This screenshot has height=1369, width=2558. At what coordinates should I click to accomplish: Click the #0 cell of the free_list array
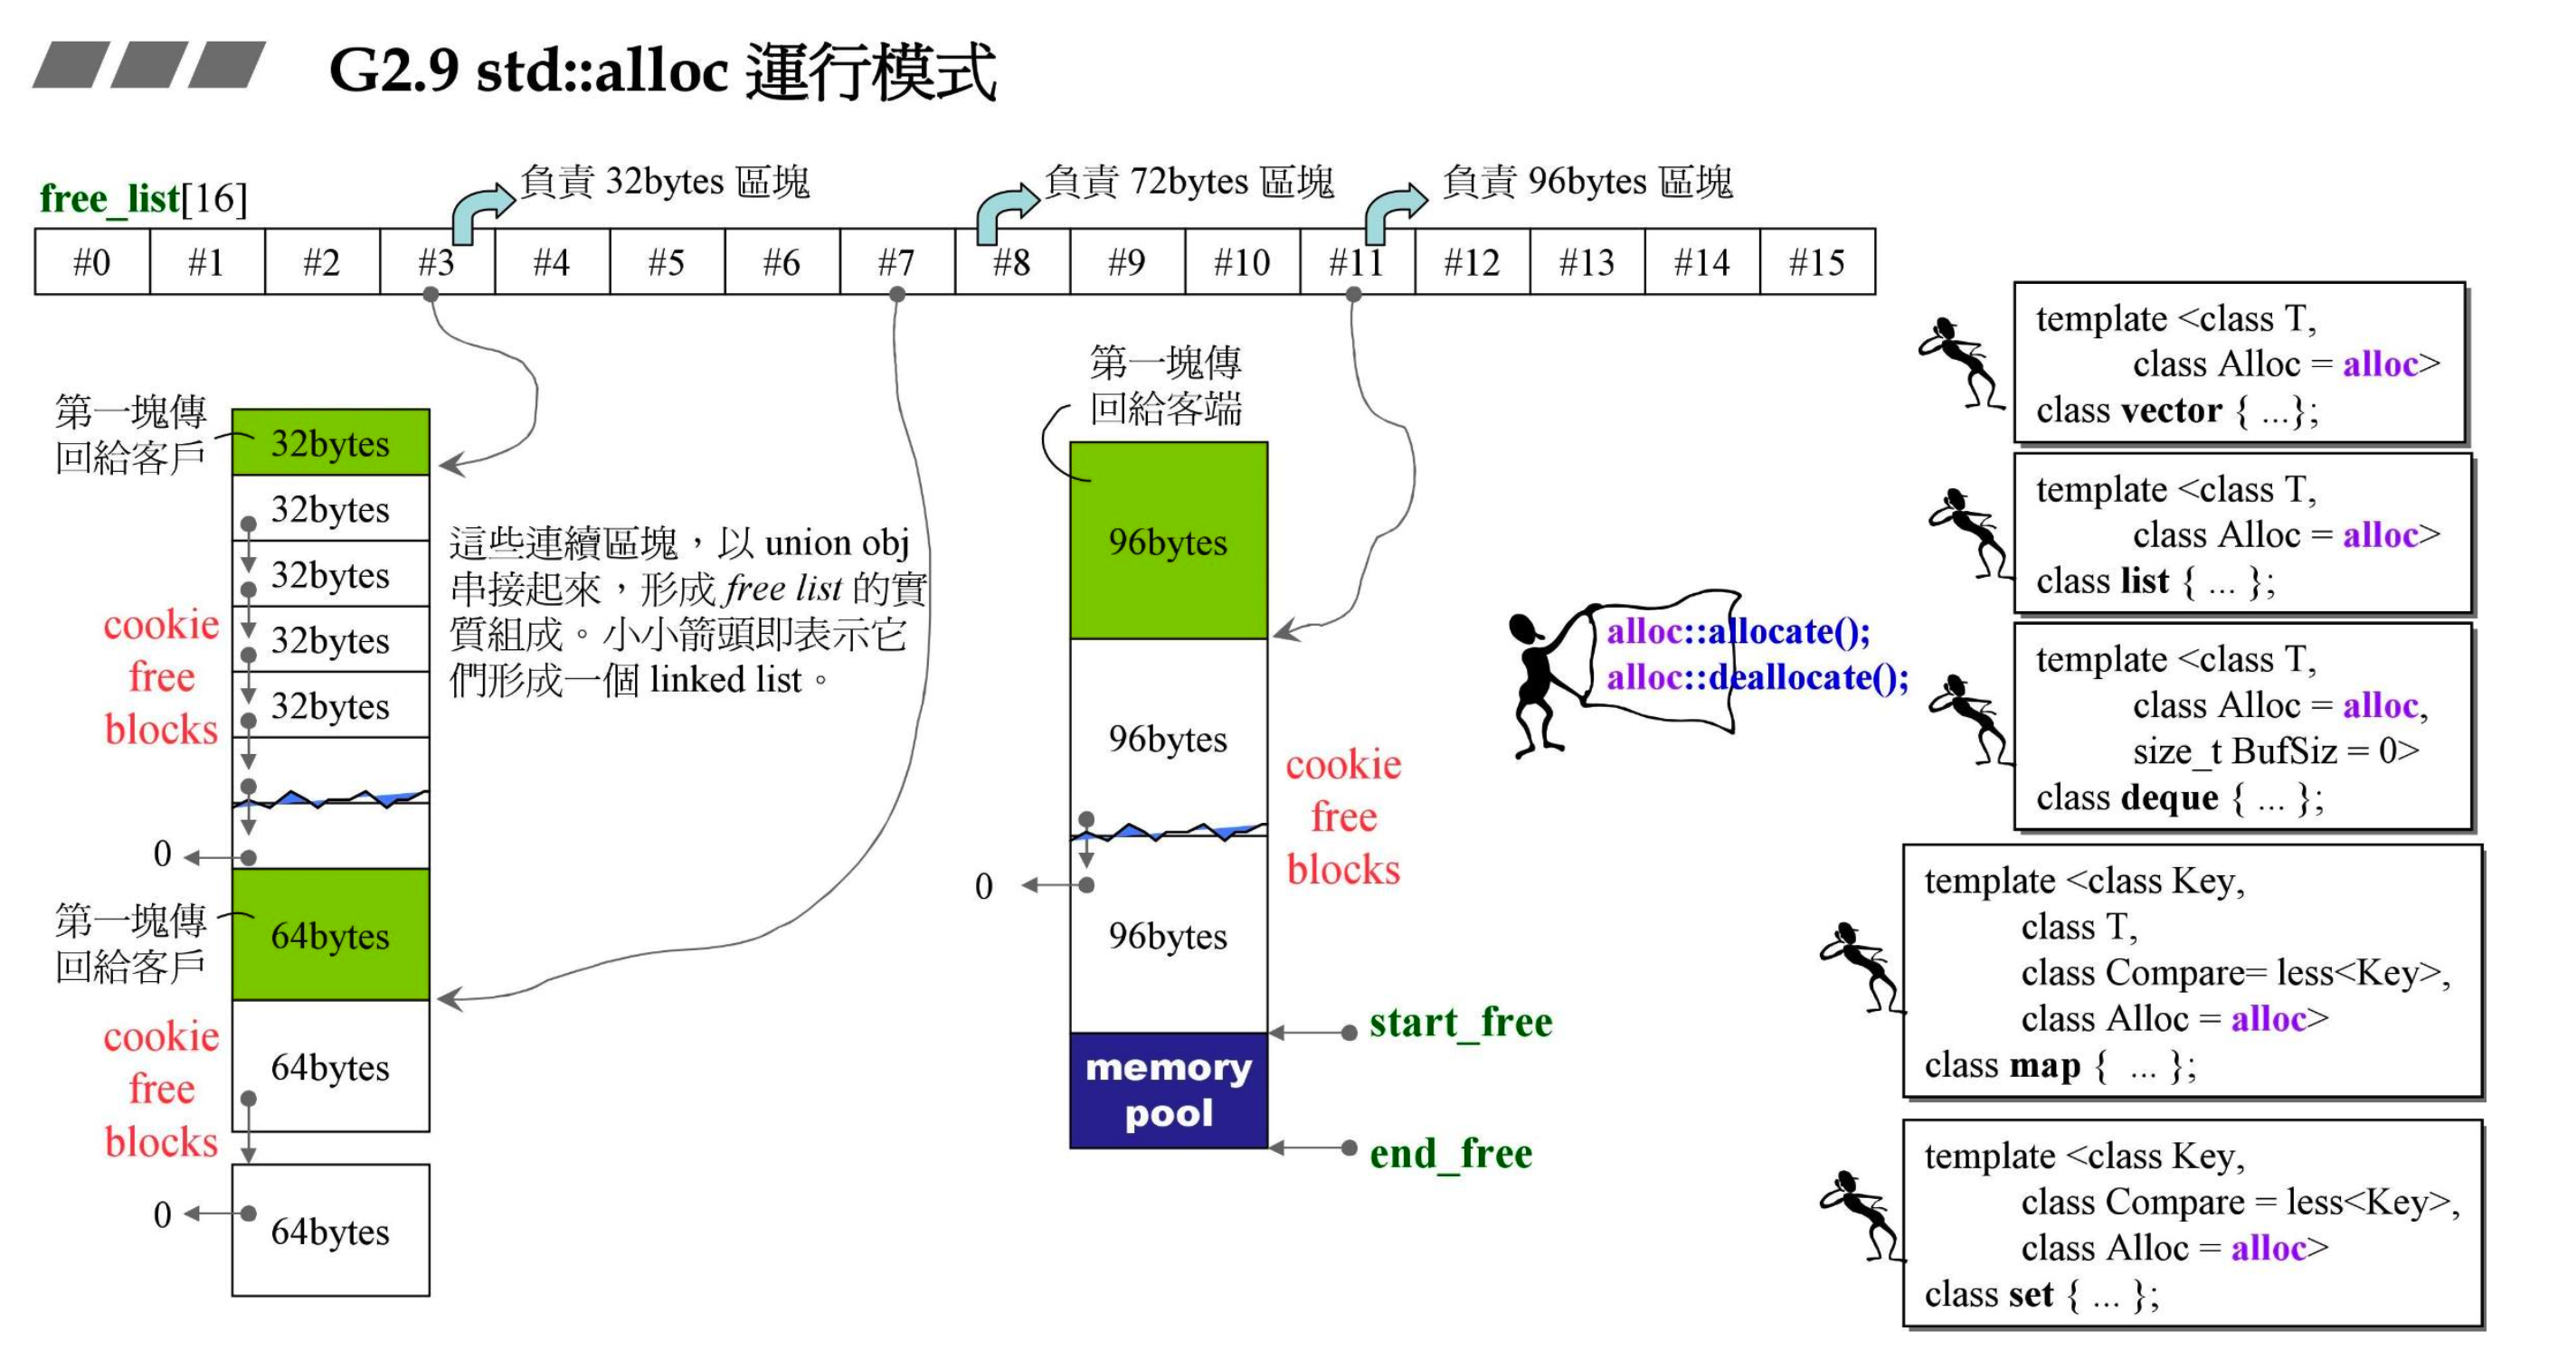tap(91, 262)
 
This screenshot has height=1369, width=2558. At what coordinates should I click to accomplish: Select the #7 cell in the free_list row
tap(896, 262)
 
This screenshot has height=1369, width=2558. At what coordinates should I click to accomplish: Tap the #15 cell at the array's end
tap(1816, 262)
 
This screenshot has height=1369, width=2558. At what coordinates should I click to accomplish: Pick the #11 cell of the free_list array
tap(1357, 262)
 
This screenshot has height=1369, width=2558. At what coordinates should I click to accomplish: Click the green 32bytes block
tap(331, 443)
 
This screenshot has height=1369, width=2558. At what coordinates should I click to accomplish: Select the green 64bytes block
tap(331, 935)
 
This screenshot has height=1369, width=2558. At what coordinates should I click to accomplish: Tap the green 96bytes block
tap(1168, 541)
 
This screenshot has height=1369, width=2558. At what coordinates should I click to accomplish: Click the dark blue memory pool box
tap(1168, 1090)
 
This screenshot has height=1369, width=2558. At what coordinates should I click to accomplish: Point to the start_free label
tap(1460, 1023)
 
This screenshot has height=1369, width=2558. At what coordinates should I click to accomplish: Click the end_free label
tap(1450, 1154)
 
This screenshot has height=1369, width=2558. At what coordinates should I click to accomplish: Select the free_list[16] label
tap(143, 199)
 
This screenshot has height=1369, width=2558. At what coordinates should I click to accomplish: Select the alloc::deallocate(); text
tap(1757, 678)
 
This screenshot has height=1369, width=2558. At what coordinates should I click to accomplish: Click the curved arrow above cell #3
tap(480, 211)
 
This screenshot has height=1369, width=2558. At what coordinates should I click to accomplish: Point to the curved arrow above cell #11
tap(1393, 211)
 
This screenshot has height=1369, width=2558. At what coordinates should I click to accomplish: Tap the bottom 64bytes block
tap(331, 1231)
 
